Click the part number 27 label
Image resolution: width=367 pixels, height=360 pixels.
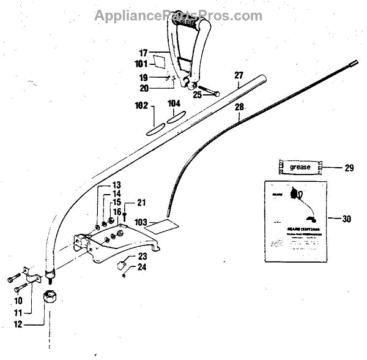pos(238,77)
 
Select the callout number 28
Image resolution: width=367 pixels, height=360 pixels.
pos(238,106)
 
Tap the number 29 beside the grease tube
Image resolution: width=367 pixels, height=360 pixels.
pos(348,167)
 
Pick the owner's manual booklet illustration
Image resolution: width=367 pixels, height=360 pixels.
pos(294,221)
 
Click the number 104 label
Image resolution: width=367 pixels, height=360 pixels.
pos(174,103)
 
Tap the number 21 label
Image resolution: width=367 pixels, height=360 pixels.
pos(141,203)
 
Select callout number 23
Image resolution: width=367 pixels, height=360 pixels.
pos(142,257)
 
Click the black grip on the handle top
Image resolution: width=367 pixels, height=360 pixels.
pos(190,27)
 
